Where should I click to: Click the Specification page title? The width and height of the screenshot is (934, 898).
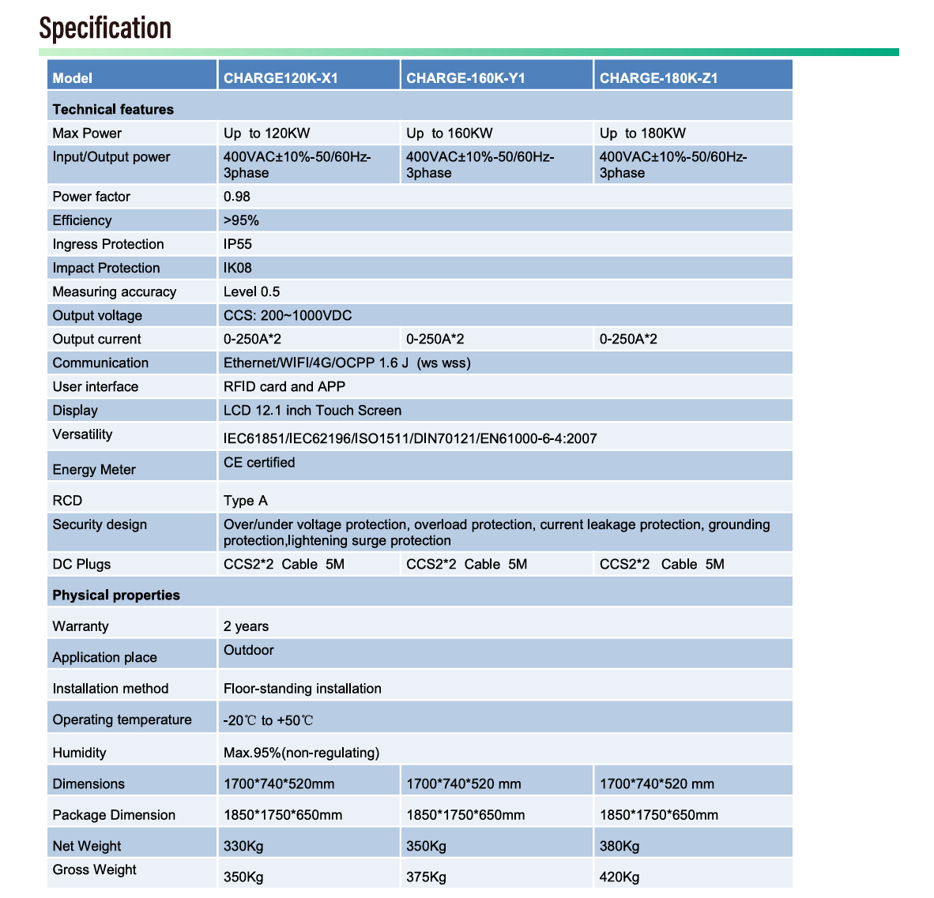coord(105,28)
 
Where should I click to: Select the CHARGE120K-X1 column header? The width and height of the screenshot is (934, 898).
coord(281,78)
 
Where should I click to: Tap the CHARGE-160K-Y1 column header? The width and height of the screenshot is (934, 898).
coord(465,78)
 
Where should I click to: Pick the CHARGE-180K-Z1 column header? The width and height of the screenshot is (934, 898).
coord(658,78)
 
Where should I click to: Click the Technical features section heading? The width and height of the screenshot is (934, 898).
coord(113,109)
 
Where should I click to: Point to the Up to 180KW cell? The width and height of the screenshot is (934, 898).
coord(642,133)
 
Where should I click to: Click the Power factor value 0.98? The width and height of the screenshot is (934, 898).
coord(237,197)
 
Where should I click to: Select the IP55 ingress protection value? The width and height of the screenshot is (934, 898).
coord(238,244)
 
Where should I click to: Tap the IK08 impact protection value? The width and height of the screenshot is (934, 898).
coord(238,268)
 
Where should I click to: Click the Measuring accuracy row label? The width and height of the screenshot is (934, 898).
coord(115,292)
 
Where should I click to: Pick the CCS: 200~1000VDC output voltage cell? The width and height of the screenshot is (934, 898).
coord(288,316)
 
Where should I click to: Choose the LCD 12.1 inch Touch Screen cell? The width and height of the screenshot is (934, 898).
coord(312,411)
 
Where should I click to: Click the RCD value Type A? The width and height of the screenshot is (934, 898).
coord(246,501)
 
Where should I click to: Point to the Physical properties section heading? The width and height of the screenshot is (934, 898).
coord(116,596)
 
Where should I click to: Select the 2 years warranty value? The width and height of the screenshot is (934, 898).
coord(246,626)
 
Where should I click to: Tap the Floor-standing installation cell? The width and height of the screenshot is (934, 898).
coord(303,689)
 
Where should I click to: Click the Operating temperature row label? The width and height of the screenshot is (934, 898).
coord(122,720)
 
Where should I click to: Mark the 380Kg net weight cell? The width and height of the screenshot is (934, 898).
coord(620,846)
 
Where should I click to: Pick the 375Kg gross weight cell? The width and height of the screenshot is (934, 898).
coord(426,877)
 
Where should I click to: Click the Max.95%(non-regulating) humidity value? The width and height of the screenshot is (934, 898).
coord(301,753)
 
